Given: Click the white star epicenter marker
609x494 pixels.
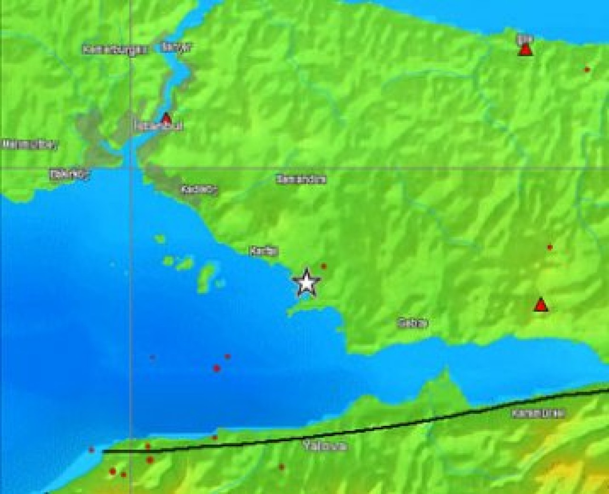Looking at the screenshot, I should point(306,282).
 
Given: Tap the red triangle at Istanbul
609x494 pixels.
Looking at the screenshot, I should point(166,118).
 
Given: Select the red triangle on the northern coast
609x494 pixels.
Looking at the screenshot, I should point(525,49).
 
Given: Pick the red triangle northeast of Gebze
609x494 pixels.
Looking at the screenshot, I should point(540,305).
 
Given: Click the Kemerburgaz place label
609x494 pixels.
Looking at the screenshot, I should point(116,49).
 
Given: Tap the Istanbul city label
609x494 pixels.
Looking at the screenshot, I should point(152,126).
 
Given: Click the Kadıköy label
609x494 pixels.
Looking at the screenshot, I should point(199,190).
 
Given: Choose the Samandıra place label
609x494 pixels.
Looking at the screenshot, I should point(301,179).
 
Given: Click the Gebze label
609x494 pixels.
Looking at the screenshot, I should point(413,323).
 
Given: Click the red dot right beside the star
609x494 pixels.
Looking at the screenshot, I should point(324,266).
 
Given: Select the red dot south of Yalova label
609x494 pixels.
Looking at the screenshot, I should point(282,467).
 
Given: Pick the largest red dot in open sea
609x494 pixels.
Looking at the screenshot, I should point(217,368).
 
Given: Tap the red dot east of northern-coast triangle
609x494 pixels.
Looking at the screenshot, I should point(587,70).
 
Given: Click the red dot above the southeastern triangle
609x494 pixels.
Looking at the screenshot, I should point(550,247).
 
